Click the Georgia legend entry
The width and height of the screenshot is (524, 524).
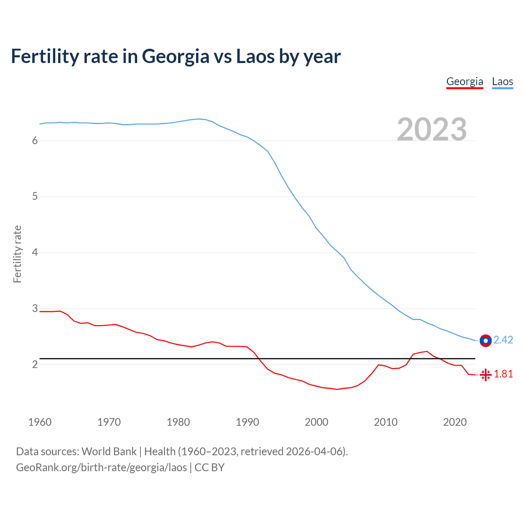(465, 81)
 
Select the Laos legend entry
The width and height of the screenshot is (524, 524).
(502, 81)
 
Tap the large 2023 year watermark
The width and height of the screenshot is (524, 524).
(432, 129)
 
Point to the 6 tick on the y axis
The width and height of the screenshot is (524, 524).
(35, 140)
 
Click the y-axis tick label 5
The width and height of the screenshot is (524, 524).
(35, 196)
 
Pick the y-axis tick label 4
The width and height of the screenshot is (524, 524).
(35, 252)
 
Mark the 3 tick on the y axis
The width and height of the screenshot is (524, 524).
(35, 308)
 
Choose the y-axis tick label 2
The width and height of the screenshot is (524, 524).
(35, 364)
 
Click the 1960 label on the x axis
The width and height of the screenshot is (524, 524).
(40, 422)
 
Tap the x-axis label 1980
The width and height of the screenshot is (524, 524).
(178, 422)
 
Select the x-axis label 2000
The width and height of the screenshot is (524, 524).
(316, 422)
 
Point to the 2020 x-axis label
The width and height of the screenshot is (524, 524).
(455, 422)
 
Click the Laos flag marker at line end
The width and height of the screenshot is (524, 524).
(486, 341)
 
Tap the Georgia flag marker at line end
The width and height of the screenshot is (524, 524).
(486, 375)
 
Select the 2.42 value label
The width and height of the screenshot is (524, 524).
(503, 340)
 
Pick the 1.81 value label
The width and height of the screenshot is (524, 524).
(503, 374)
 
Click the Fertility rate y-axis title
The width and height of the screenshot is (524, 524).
(17, 254)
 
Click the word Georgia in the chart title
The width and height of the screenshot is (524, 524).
(176, 56)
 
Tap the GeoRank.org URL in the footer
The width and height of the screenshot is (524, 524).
(101, 468)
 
